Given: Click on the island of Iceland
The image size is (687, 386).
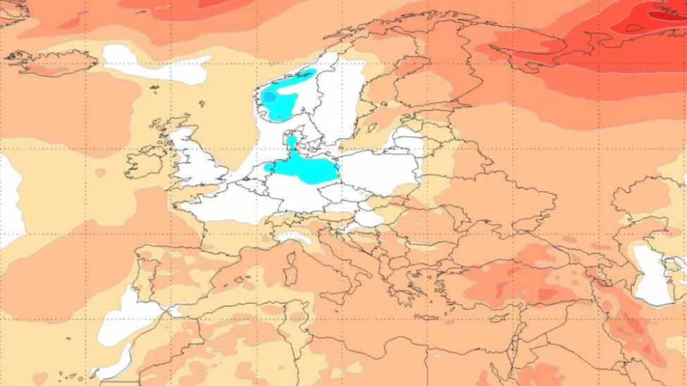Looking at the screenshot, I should (x=54, y=62).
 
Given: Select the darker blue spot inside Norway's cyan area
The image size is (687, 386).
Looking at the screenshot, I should (x=268, y=97).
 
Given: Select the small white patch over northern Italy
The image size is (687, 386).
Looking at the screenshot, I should (x=292, y=236).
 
